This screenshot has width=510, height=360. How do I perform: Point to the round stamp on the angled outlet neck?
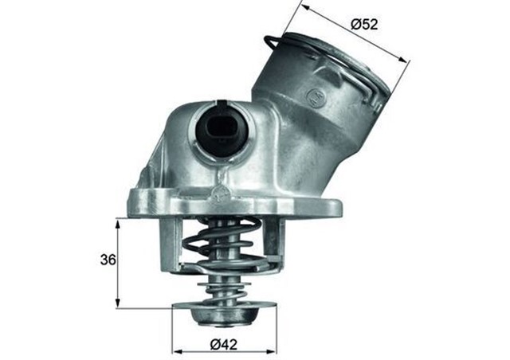(x=316, y=98)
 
